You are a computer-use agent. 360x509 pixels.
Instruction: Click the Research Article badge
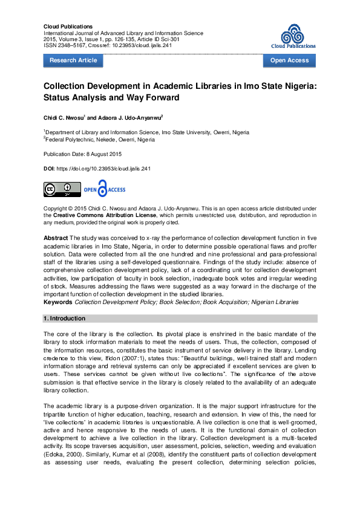pos(73,60)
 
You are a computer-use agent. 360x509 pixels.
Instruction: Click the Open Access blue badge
pos(289,60)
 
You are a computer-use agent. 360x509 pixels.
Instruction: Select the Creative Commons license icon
pos(61,189)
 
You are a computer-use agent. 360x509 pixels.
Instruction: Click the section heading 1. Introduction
pos(65,318)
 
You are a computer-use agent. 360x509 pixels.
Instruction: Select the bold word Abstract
pos(56,239)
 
